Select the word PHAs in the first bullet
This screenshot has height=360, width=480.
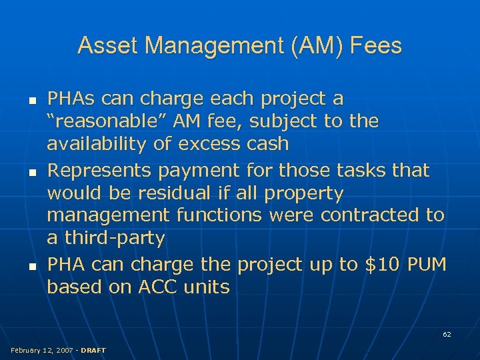point(69,99)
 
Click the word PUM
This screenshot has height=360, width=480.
point(427,265)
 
